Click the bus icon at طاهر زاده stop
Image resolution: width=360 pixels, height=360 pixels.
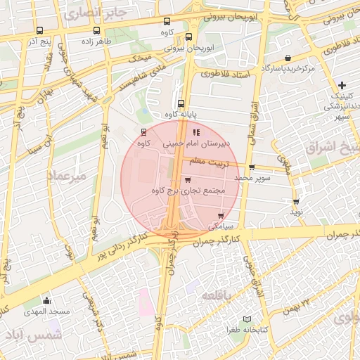[95, 31]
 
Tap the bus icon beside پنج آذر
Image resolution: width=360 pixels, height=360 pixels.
[39, 31]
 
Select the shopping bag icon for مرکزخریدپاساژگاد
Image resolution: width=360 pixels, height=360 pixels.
[288, 58]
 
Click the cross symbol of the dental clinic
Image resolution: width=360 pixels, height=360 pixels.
[342, 85]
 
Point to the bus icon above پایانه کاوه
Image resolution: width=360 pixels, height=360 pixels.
[181, 103]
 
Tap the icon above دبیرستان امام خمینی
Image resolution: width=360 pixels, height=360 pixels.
[196, 131]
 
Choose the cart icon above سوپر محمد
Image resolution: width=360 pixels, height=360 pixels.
[252, 167]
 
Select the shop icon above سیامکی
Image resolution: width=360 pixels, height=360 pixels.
[221, 216]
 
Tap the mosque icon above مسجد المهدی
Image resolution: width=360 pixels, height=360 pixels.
[46, 300]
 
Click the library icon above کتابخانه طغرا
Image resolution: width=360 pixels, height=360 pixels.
[246, 319]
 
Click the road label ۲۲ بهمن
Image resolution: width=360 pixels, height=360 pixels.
[297, 304]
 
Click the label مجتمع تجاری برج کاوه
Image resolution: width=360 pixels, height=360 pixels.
[188, 191]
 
